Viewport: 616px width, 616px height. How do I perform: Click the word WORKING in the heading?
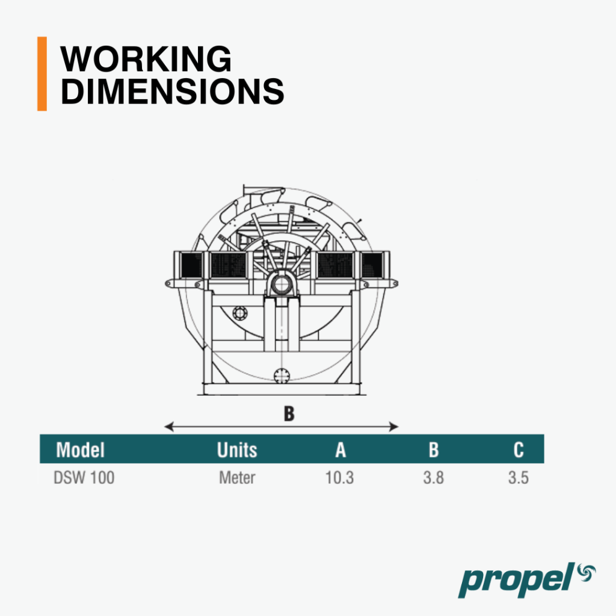[x=146, y=59]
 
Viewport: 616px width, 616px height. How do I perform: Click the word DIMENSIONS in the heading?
[x=172, y=91]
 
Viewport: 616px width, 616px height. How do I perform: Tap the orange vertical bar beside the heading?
[x=42, y=74]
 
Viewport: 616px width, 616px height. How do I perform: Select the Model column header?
[x=80, y=450]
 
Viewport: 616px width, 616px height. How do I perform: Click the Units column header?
[x=237, y=450]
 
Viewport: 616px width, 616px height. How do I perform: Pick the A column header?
[x=340, y=450]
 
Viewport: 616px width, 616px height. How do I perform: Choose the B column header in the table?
[x=433, y=450]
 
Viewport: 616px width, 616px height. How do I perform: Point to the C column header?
[x=519, y=450]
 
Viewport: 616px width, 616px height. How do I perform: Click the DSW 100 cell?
[x=84, y=478]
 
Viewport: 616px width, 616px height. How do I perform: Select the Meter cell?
[x=237, y=478]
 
